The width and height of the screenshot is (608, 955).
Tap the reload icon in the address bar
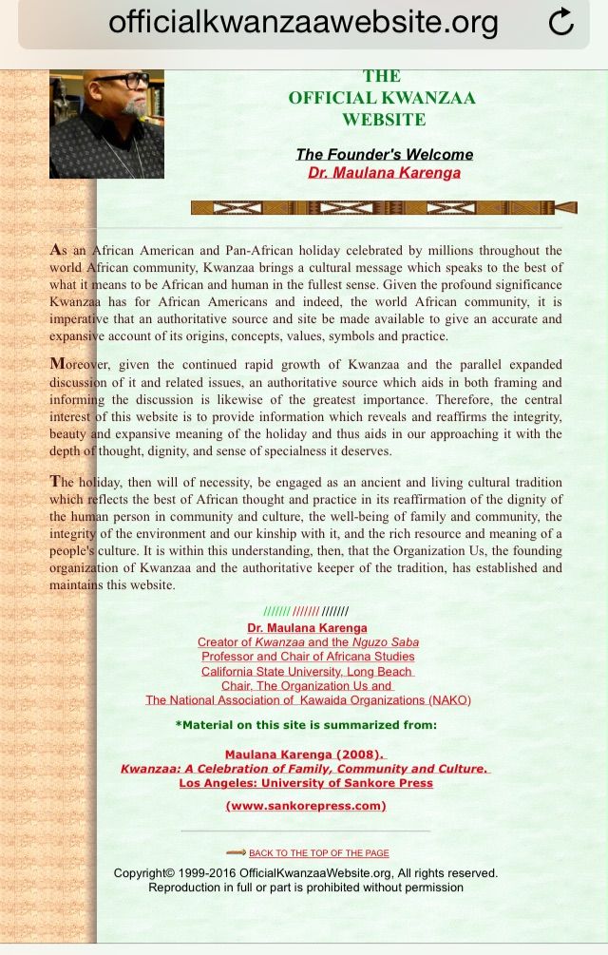[561, 22]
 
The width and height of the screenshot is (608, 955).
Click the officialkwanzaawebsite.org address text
[303, 21]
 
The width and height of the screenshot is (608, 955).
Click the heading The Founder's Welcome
[384, 154]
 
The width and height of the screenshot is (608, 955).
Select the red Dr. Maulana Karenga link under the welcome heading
[384, 172]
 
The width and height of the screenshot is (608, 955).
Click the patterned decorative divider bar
[383, 207]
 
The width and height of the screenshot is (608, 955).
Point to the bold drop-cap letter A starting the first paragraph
[55, 250]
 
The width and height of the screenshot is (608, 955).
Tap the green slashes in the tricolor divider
[276, 612]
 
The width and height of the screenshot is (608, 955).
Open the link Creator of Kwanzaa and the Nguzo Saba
[308, 642]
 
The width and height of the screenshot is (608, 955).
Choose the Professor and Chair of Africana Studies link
[308, 657]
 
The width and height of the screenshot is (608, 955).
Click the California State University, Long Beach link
[308, 671]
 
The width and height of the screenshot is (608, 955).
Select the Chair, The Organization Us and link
[308, 685]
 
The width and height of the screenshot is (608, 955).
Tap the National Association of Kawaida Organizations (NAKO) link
[308, 700]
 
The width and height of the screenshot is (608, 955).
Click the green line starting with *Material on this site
[306, 724]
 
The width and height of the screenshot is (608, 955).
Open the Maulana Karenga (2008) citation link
[306, 754]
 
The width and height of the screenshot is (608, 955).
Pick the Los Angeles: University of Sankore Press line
[306, 783]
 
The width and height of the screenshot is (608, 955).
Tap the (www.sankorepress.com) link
[306, 806]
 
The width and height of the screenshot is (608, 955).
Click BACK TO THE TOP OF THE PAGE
[318, 853]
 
